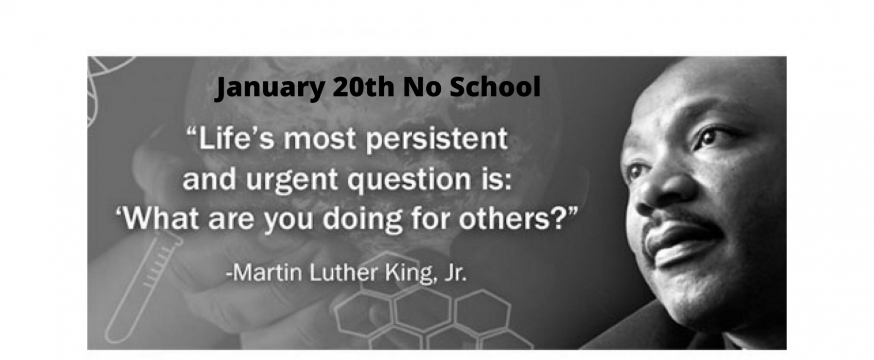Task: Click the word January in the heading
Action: coord(270,88)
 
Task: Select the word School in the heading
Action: coord(495,86)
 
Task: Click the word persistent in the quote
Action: coord(437,139)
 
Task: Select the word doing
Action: coord(363,220)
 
